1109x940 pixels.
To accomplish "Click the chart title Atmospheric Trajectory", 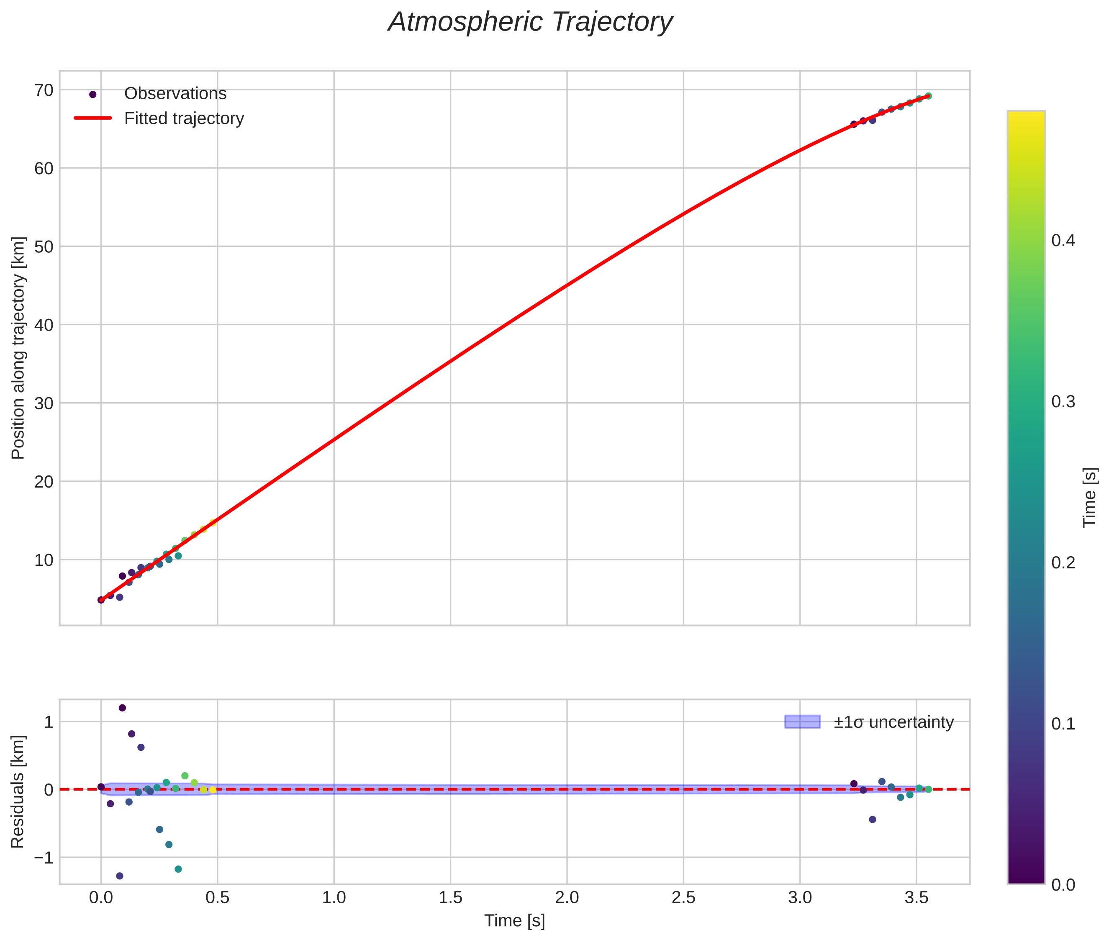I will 530,22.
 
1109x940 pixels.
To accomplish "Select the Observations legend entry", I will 175,94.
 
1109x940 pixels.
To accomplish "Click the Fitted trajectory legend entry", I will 183,118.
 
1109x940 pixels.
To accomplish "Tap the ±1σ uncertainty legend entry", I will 893,722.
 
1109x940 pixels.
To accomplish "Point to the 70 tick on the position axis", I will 44,90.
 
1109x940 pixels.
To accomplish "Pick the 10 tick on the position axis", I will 44,560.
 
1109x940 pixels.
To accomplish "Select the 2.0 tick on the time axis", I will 567,898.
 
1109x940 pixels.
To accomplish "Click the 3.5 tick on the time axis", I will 916,898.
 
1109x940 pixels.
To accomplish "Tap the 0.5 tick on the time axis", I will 218,898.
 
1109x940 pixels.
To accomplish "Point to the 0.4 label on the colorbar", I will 1063,240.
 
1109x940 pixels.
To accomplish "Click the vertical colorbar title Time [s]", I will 1089,497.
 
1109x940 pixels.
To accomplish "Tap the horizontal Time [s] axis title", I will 514,921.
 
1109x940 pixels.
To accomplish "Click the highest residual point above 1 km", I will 122,708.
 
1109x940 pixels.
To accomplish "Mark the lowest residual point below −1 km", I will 119,876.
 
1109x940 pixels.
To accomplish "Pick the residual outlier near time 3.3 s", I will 873,819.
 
